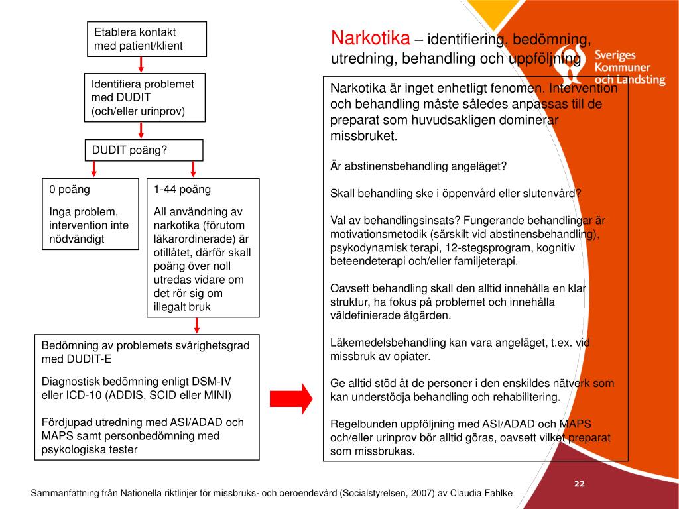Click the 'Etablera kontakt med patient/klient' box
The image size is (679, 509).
click(147, 39)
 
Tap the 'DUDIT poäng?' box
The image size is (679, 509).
click(143, 150)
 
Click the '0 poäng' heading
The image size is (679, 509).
click(70, 189)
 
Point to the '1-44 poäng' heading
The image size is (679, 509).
click(182, 189)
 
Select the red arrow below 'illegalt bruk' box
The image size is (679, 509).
click(197, 325)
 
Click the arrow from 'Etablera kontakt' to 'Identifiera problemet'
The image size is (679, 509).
click(141, 65)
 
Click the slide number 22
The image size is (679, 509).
click(579, 484)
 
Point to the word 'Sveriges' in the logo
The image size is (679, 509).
click(615, 56)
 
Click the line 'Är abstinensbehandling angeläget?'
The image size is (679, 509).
click(418, 166)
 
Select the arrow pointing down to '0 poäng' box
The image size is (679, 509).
click(94, 169)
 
